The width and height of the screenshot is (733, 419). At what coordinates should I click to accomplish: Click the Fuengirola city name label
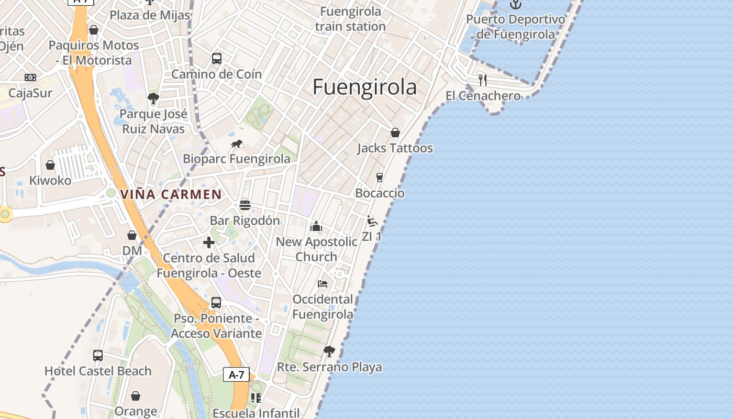[365, 87]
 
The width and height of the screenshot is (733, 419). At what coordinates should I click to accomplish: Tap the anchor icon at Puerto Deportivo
[516, 4]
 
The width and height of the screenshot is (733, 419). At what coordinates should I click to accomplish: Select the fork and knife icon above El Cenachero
[483, 80]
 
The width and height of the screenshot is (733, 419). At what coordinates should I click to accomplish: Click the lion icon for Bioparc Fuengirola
[237, 144]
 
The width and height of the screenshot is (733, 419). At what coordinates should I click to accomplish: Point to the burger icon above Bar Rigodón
[245, 205]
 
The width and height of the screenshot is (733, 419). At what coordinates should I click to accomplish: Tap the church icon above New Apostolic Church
[316, 226]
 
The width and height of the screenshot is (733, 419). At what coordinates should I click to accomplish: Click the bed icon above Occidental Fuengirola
[323, 284]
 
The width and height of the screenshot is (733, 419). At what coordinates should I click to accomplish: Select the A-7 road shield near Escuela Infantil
[236, 374]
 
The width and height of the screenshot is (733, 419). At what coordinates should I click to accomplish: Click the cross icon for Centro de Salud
[209, 242]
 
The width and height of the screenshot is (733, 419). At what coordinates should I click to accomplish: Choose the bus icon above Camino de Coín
[217, 59]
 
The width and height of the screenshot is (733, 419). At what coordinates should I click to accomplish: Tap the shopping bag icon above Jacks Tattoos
[395, 133]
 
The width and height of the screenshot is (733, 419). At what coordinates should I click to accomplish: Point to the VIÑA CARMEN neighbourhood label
[171, 194]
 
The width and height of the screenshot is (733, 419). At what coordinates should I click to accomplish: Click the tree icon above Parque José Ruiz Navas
[153, 98]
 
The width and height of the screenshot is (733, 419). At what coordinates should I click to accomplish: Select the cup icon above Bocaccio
[380, 178]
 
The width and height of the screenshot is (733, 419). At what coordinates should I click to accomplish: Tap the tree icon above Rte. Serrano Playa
[329, 351]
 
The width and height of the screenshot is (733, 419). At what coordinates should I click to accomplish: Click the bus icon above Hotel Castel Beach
[98, 356]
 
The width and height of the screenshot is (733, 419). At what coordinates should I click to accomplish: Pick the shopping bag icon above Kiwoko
[50, 165]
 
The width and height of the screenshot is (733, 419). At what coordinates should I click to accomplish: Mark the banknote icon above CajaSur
[30, 78]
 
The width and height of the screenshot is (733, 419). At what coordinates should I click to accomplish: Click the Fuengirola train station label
[350, 19]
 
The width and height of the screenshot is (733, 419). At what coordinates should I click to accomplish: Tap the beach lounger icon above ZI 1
[372, 221]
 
